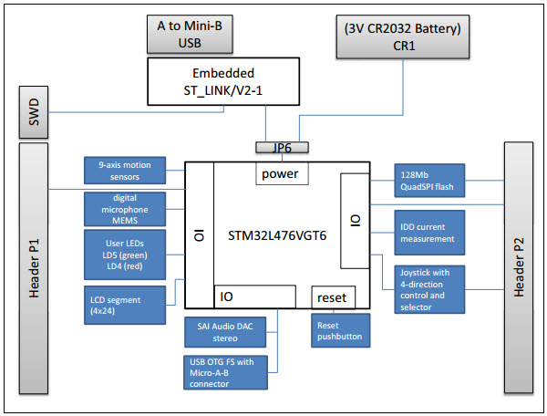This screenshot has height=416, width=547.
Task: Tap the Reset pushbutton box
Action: [340, 330]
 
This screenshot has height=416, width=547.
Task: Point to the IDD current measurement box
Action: [428, 233]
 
